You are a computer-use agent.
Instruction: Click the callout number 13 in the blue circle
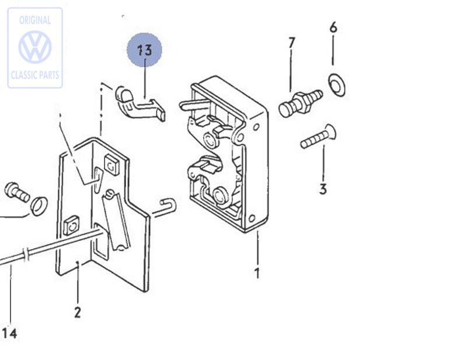click(x=144, y=50)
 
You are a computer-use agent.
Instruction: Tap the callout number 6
click(x=333, y=27)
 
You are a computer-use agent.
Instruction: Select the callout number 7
click(x=291, y=43)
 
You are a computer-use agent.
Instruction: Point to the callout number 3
click(x=323, y=189)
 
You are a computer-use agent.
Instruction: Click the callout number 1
click(x=257, y=272)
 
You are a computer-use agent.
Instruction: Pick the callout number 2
click(x=78, y=312)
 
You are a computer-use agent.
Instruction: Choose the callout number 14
click(x=9, y=333)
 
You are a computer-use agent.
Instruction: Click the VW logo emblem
click(x=35, y=47)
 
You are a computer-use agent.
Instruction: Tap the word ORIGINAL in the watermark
click(x=35, y=20)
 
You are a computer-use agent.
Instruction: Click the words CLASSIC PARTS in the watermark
click(x=35, y=75)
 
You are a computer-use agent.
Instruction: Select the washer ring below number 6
click(x=337, y=85)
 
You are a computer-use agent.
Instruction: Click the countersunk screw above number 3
click(x=318, y=137)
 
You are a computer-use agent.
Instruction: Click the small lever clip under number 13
click(x=140, y=104)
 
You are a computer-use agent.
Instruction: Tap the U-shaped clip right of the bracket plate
click(x=166, y=206)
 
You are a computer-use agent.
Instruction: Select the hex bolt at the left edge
click(x=16, y=191)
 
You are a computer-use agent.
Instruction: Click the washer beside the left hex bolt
click(x=39, y=205)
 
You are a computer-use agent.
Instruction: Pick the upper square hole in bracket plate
click(x=111, y=164)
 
